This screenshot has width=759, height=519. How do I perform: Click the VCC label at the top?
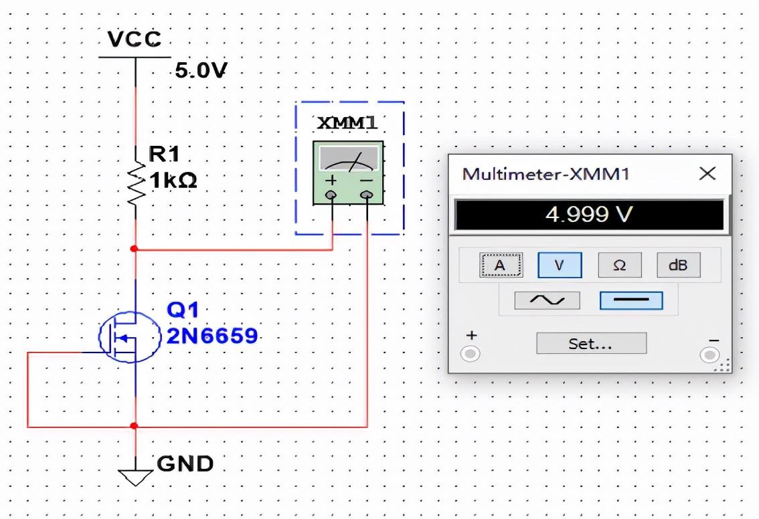[135, 39]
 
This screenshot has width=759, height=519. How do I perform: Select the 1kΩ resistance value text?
[173, 181]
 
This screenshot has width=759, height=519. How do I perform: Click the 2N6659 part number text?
[212, 336]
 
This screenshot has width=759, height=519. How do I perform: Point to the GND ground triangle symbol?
[135, 476]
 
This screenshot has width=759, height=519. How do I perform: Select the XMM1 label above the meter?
[347, 124]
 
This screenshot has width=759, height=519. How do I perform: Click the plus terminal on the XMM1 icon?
[332, 195]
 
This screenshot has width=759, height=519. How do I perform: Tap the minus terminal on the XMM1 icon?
[365, 195]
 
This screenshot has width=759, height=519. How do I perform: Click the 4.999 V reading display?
[589, 215]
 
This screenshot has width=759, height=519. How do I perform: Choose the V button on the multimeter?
[560, 266]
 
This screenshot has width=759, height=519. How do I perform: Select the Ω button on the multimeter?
[619, 266]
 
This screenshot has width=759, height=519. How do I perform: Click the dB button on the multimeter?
[677, 266]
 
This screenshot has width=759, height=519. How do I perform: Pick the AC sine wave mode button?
[547, 300]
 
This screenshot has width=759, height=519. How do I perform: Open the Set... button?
[591, 343]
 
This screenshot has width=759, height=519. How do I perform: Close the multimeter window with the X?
[707, 174]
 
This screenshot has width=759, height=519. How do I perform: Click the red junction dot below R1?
[135, 249]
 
